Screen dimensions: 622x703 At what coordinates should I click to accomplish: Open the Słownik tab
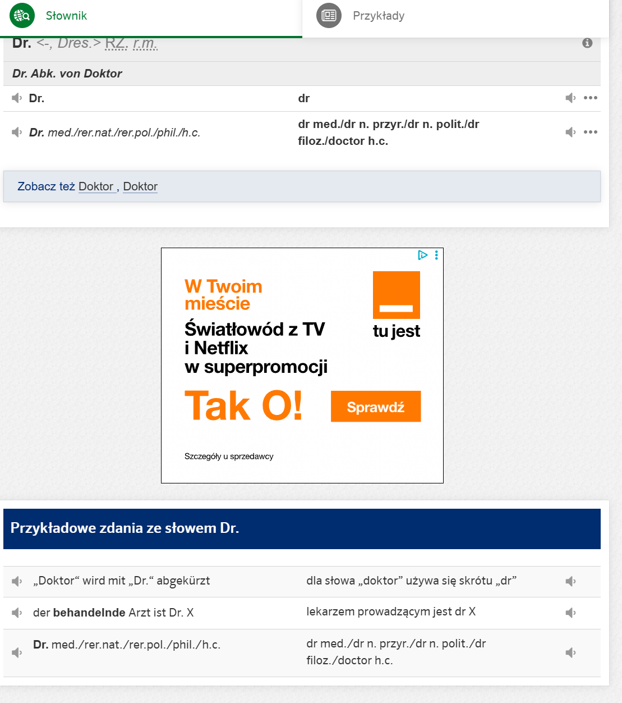click(66, 16)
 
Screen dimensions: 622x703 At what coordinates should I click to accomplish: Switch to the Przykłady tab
click(378, 16)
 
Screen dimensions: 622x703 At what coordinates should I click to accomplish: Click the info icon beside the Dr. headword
click(587, 43)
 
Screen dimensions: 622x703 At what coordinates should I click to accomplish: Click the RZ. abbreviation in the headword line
click(117, 43)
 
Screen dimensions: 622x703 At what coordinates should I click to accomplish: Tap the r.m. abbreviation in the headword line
click(145, 43)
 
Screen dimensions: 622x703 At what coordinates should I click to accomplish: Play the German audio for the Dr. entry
click(17, 98)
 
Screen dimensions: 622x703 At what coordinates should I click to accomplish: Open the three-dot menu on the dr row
click(591, 98)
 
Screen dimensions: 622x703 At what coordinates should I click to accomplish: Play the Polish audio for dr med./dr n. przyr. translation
click(570, 132)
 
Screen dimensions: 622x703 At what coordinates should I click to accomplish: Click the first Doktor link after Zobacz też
click(96, 186)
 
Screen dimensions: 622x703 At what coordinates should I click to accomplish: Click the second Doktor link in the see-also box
click(140, 186)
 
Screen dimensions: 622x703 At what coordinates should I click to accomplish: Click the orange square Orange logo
click(397, 295)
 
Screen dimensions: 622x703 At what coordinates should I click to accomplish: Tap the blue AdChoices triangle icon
click(423, 255)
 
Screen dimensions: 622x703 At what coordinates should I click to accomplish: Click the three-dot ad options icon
click(436, 255)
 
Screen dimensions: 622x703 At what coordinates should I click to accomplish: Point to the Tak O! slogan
click(243, 405)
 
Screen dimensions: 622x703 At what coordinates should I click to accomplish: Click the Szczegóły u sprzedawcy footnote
click(229, 457)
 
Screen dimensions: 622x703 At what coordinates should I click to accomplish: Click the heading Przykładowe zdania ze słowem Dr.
click(125, 528)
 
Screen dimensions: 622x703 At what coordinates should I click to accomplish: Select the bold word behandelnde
click(89, 613)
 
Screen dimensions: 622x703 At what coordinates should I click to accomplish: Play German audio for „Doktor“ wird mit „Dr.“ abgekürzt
click(17, 581)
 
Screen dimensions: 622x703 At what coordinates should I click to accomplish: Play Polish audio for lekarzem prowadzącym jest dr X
click(570, 613)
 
